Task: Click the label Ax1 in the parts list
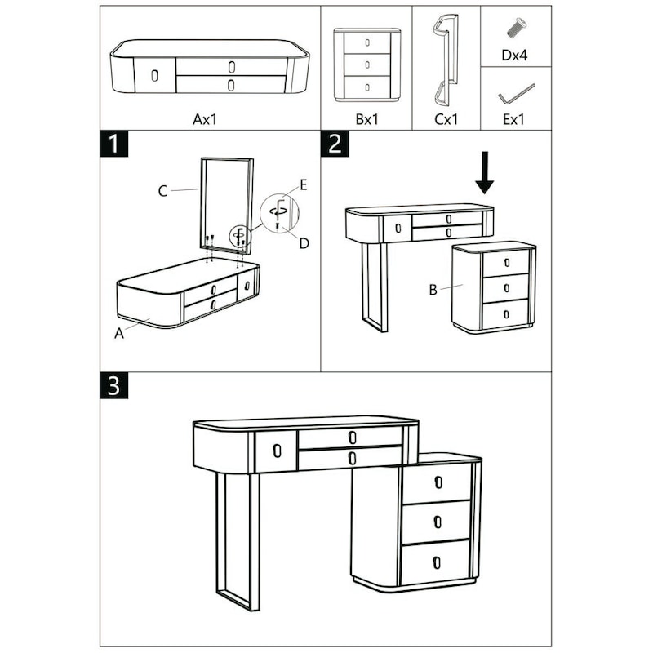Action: (x=205, y=119)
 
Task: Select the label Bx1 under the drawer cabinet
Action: (x=366, y=119)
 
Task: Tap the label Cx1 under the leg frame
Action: (x=446, y=119)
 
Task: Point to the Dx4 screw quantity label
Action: (x=514, y=55)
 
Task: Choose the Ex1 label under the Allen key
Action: (x=513, y=119)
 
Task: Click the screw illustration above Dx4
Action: (x=516, y=28)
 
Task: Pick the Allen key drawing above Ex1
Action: (x=517, y=95)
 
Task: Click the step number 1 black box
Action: (x=114, y=144)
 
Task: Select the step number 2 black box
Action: (x=335, y=144)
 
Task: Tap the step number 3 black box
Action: (x=114, y=385)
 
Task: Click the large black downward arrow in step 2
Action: (x=484, y=173)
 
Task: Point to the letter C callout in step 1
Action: (x=162, y=191)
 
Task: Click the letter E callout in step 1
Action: (x=304, y=185)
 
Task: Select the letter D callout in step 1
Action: (x=304, y=243)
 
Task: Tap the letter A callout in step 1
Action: (x=119, y=334)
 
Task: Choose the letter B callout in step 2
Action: (x=433, y=290)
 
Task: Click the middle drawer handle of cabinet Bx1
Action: (x=367, y=64)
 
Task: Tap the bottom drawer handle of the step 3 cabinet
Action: (x=437, y=562)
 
